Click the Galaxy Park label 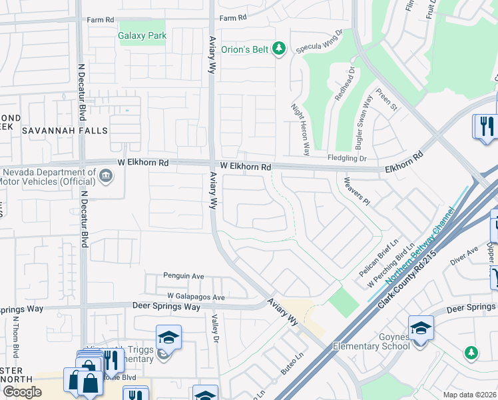tap(142, 35)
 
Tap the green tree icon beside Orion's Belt tap(280, 48)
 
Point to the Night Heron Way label tap(300, 129)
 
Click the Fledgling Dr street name tap(347, 158)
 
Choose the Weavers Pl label tap(356, 191)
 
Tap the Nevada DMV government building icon tap(106, 176)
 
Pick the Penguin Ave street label tap(184, 275)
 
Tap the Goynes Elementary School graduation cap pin tap(421, 328)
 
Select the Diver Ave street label tap(464, 256)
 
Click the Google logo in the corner tap(22, 392)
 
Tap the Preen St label tap(387, 99)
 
